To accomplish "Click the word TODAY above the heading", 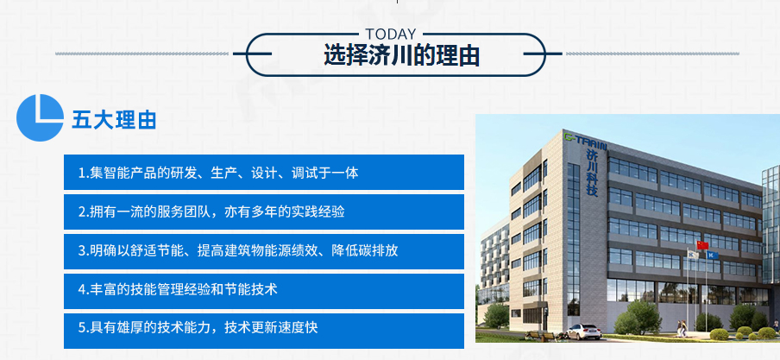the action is pos(391,34).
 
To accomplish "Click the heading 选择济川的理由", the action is pos(401,54).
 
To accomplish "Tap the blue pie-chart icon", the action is pos(40,117).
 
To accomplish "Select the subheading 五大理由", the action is pos(114,120).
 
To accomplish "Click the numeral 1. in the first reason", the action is pos(84,173).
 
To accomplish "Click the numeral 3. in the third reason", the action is pos(84,250).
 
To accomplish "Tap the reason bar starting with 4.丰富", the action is pos(264,291).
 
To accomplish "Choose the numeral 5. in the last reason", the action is pos(84,328).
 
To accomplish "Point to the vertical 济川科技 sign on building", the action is pos(592,173).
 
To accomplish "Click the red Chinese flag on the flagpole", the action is pos(702,245).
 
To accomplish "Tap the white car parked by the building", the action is pos(583,332).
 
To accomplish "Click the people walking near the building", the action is pos(681,328).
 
